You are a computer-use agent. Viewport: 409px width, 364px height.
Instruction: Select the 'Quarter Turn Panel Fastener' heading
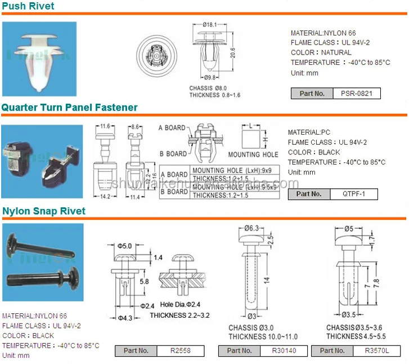(69, 107)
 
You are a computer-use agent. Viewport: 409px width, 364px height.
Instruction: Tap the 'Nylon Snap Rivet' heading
(43, 211)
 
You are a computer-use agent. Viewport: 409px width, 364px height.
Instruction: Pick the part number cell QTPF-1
(354, 194)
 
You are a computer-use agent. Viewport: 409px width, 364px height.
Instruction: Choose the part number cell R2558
(182, 350)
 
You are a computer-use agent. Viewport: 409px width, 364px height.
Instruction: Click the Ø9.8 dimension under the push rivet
(211, 78)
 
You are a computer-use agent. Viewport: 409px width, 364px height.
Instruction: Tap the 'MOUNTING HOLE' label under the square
(253, 154)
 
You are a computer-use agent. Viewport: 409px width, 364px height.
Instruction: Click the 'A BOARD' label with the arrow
(172, 128)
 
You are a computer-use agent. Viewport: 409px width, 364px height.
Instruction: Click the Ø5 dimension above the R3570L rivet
(348, 228)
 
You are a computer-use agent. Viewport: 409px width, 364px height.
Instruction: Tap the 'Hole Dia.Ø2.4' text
(179, 304)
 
